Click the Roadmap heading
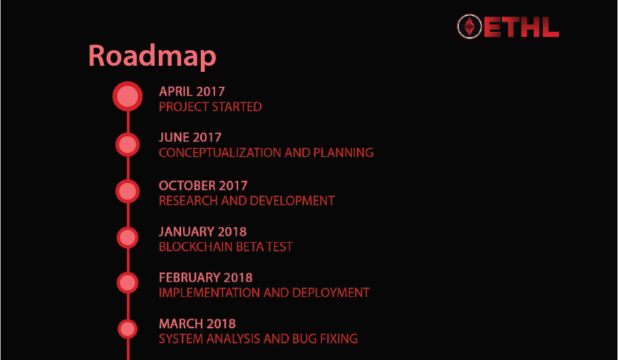coord(152,56)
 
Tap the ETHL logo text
coord(521,27)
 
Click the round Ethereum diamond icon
coord(469,27)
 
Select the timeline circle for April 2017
coord(128,96)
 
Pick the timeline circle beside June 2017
coord(128,144)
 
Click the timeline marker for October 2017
coord(128,191)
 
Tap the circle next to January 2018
coord(128,237)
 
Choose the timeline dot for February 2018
coord(128,283)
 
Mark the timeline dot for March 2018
coord(128,329)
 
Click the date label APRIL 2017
coord(192,92)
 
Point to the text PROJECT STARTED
coord(210,106)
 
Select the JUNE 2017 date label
coord(190,137)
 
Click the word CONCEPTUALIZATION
coord(220,153)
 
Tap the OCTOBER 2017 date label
coord(203,186)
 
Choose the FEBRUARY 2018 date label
coord(206,278)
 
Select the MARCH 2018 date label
coord(197,324)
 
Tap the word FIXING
coord(339,339)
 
